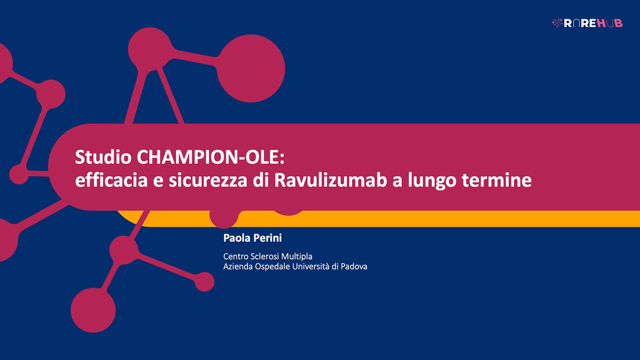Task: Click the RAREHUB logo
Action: (587, 23)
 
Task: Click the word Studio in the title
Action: (102, 157)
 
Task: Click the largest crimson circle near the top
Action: (251, 68)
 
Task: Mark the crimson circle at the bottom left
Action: (93, 310)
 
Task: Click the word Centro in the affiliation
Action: (236, 256)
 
